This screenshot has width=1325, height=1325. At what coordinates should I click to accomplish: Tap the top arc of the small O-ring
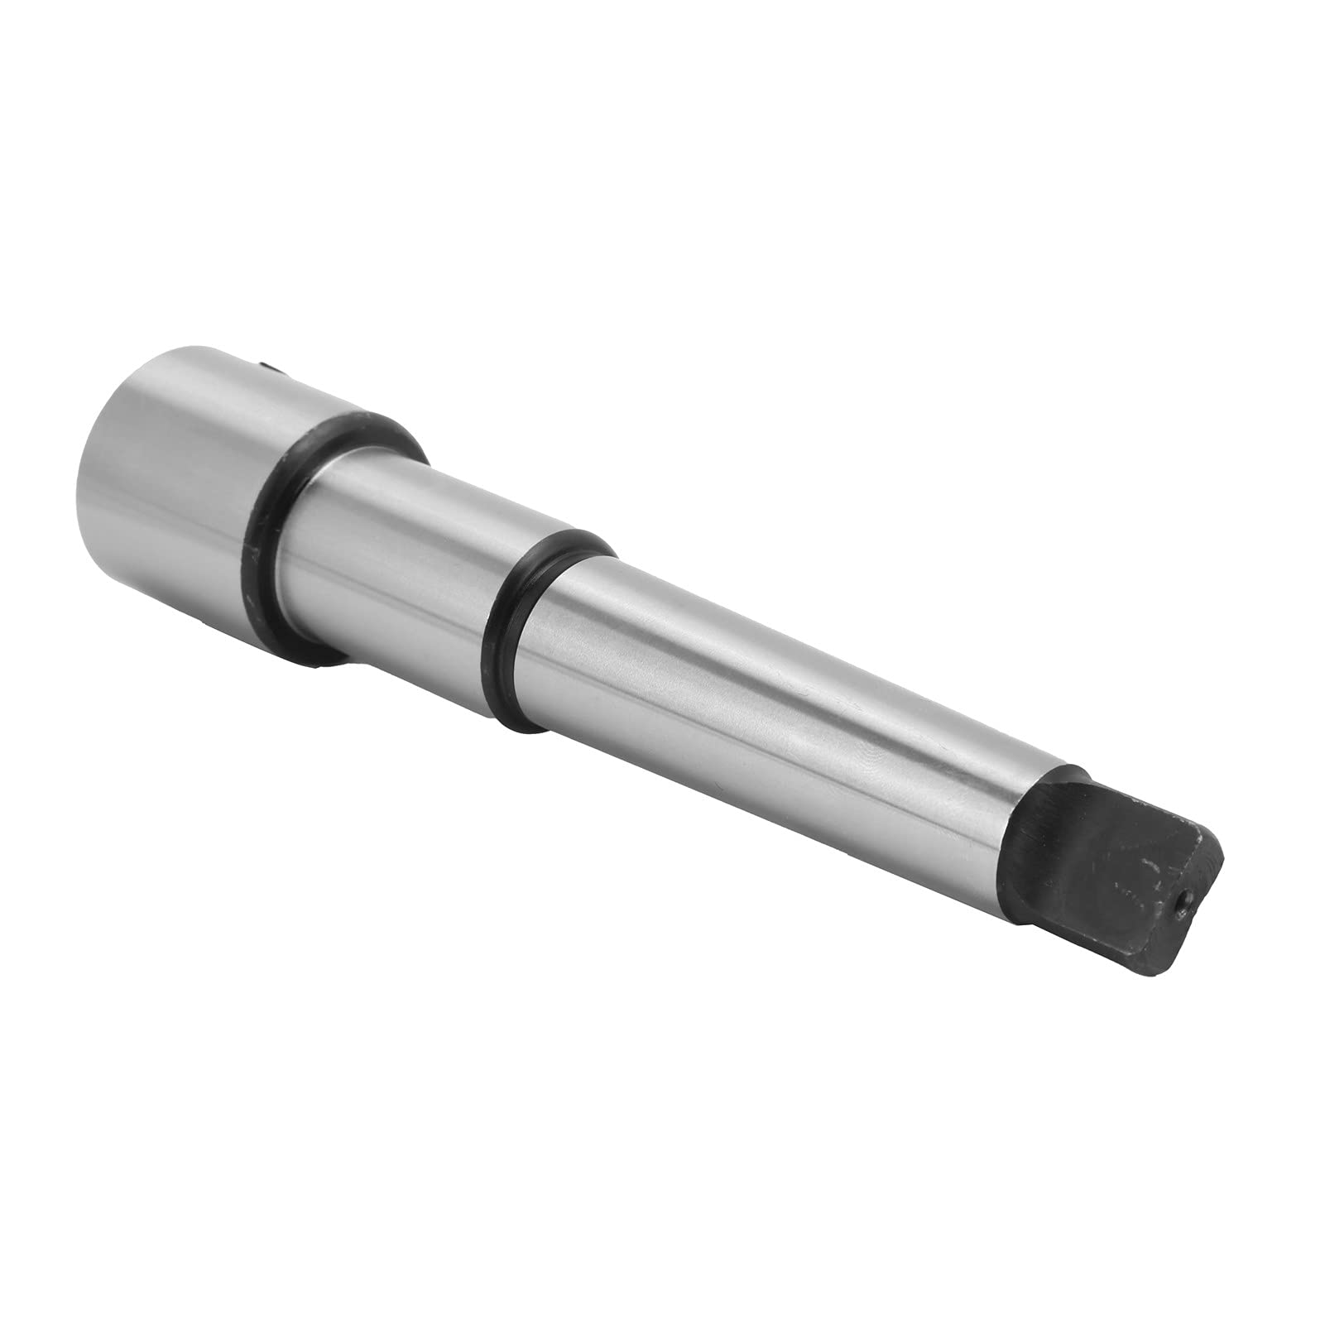[x=571, y=538]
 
